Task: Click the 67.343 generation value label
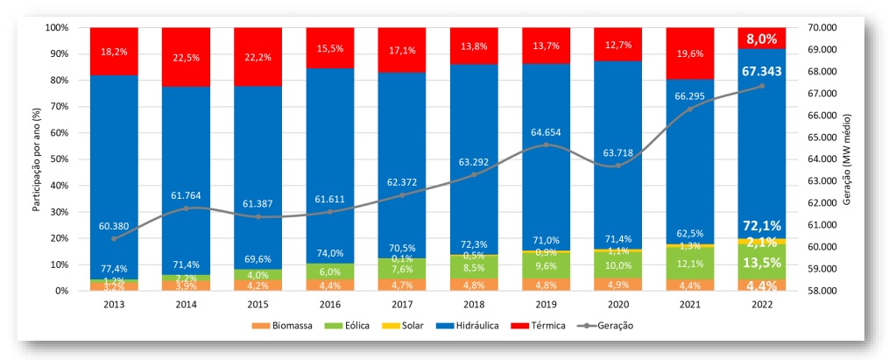coord(762,72)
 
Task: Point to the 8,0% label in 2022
coord(762,39)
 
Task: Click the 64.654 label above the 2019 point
coord(546,132)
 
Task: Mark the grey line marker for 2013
coord(114,238)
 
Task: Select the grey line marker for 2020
coord(618,166)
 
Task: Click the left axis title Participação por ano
coord(37,159)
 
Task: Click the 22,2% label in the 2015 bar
coord(258,56)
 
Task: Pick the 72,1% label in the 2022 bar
coord(762,226)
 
